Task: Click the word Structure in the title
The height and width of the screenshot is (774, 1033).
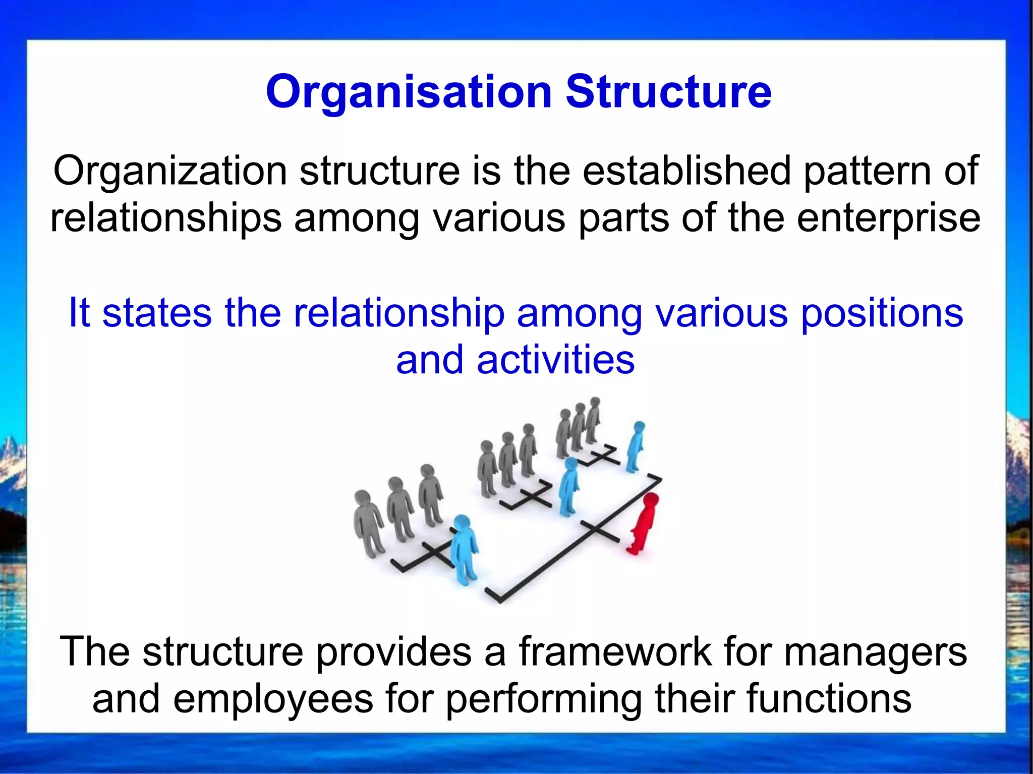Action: click(668, 92)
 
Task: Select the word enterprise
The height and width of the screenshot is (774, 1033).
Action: click(889, 218)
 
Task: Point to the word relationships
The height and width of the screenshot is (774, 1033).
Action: click(166, 218)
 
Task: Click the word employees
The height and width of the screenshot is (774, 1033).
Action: click(273, 699)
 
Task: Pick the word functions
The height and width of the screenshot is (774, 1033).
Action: click(828, 699)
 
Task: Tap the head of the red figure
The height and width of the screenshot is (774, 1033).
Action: click(651, 502)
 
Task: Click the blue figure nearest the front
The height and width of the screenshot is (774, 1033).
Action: click(464, 550)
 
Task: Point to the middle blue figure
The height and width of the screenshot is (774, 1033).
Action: click(569, 487)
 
